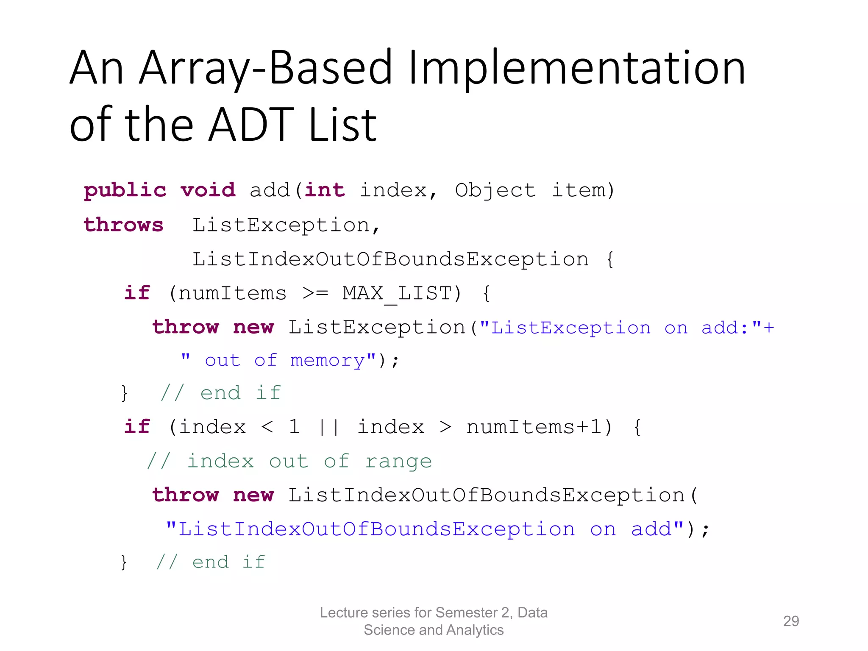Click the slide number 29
[791, 621]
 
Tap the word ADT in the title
[251, 125]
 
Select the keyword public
[125, 190]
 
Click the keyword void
[208, 190]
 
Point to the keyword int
[325, 190]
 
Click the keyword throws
[123, 225]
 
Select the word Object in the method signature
[495, 190]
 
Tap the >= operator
[315, 293]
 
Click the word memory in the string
[328, 361]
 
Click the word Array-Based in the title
[266, 68]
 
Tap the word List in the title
[342, 125]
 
